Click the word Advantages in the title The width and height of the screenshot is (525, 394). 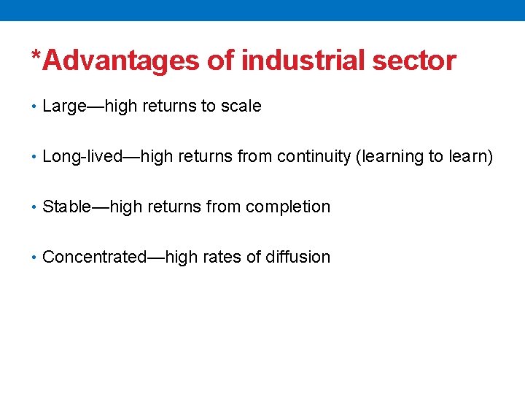pyautogui.click(x=121, y=61)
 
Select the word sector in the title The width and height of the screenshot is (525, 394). pyautogui.click(x=414, y=61)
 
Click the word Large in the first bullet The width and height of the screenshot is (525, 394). pyautogui.click(x=64, y=107)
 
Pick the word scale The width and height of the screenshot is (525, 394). pyautogui.click(x=241, y=107)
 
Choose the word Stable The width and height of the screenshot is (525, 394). pyautogui.click(x=66, y=207)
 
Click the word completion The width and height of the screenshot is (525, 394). pyautogui.click(x=288, y=207)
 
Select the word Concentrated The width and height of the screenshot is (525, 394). pyautogui.click(x=95, y=258)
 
